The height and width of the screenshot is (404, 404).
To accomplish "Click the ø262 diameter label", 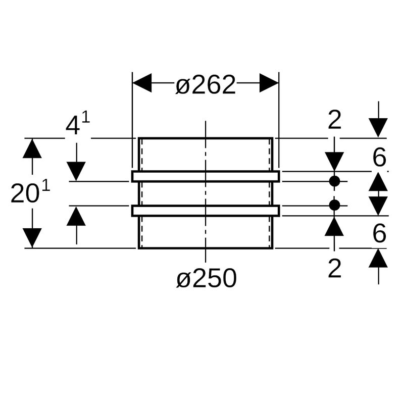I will point(206,85).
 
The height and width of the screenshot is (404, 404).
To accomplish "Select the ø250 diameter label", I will point(207,278).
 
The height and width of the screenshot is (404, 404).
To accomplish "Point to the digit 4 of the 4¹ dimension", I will point(73,126).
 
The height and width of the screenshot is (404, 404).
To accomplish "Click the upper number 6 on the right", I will point(379,159).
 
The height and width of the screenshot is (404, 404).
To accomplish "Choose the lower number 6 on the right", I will point(379,233).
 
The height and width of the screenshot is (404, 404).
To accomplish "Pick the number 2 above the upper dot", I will point(335,121).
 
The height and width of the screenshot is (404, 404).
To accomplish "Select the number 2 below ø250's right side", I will point(335,269).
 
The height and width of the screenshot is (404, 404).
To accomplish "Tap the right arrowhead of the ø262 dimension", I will point(269,83).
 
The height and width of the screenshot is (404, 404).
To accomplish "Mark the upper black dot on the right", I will point(334,181).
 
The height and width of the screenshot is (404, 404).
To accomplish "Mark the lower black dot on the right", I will point(334,205).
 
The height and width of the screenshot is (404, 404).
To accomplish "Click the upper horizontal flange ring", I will point(206,176).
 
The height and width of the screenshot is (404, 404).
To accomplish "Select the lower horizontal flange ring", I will point(206,211).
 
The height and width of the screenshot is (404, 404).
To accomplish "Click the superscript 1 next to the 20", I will point(46,186).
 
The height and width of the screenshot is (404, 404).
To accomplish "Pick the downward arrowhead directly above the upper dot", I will point(334,162).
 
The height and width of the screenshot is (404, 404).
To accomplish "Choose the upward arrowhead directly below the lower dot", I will point(334,226).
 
